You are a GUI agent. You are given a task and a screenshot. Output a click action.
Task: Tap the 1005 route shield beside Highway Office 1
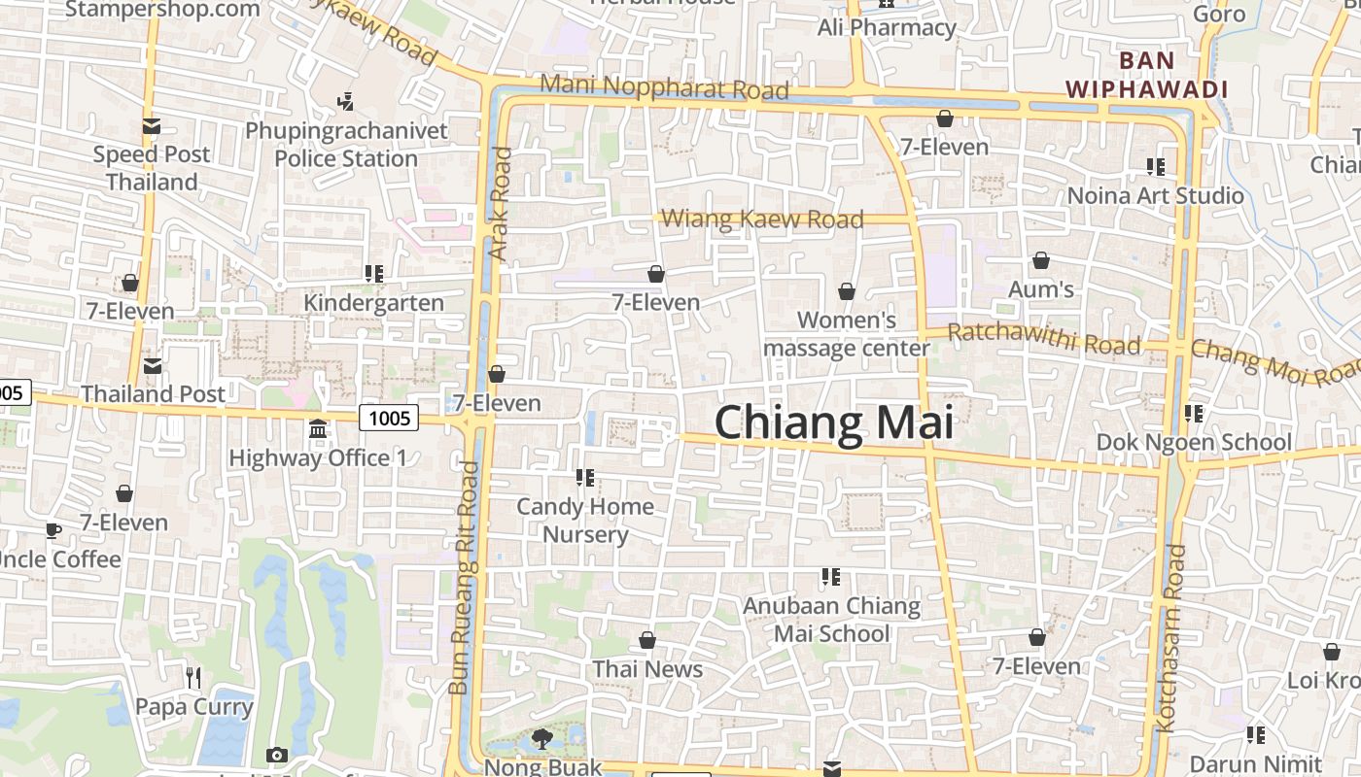coord(389,418)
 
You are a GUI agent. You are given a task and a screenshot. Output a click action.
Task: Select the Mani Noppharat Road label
coord(664,86)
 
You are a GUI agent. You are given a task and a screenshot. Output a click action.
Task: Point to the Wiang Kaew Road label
coord(762,219)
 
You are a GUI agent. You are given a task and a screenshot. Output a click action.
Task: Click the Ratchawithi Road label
coord(1044,339)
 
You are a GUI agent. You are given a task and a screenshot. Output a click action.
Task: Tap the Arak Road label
coord(500,203)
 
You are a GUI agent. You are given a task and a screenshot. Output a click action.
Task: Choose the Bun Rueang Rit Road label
coord(464,578)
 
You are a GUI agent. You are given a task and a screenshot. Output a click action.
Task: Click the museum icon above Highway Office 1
coord(318,428)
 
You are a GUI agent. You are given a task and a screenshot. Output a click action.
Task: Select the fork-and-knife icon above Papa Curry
coord(193,677)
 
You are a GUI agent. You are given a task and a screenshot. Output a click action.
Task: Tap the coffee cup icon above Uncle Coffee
coord(52,530)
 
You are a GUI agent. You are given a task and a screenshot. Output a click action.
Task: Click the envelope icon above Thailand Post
coord(153,366)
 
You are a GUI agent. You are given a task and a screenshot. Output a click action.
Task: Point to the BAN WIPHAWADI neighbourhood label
coord(1146,75)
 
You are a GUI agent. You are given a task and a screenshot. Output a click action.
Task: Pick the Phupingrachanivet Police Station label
coord(346,144)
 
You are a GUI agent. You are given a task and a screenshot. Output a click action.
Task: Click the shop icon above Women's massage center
coord(847,291)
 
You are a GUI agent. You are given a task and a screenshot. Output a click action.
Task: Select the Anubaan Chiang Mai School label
coord(831,620)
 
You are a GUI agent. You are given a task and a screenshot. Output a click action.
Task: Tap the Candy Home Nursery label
coord(585,520)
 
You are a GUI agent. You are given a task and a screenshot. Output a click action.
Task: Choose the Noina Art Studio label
coord(1156,195)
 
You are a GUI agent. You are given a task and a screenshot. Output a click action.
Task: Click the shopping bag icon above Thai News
coord(647,640)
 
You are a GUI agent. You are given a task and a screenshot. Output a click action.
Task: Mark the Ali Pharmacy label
coord(887,27)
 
